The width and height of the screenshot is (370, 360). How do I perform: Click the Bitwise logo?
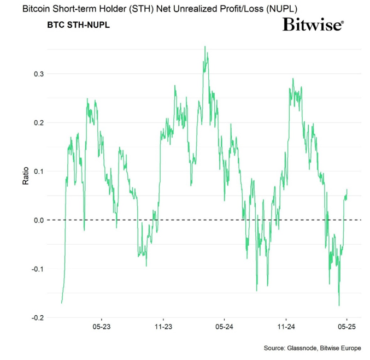click(313, 25)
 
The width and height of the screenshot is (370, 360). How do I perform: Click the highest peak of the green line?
click(205, 47)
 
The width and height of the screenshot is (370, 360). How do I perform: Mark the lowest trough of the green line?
click(339, 305)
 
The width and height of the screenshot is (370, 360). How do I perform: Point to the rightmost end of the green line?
click(347, 190)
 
